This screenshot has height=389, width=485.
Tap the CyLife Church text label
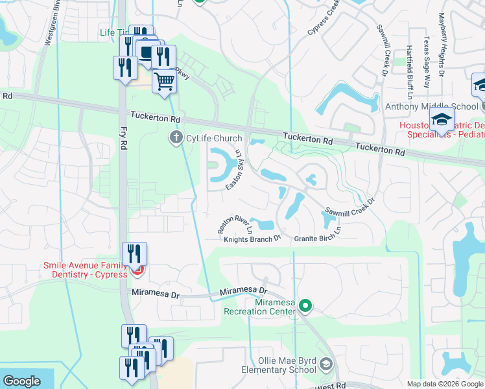[214, 138]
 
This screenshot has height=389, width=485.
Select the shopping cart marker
[165, 82]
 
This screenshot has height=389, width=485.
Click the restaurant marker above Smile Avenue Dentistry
[135, 253]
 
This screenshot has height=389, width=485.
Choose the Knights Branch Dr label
[252, 239]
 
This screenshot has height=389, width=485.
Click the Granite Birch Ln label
[318, 235]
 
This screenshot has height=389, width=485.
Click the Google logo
[21, 381]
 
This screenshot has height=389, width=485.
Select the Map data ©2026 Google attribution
[445, 384]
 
